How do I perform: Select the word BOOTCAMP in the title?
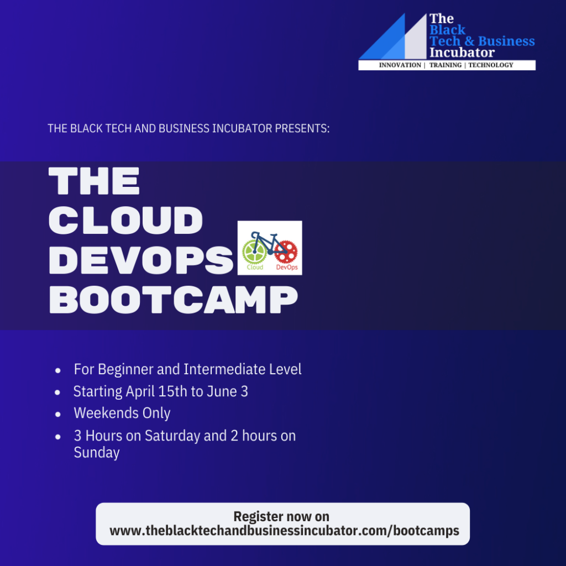tap(173, 300)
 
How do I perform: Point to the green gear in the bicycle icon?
tap(254, 251)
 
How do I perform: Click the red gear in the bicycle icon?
tap(286, 251)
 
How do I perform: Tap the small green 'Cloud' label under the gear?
tap(255, 268)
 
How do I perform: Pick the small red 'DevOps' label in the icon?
tap(287, 268)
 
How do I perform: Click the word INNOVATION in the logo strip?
tap(400, 65)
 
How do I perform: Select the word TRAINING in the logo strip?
tap(446, 65)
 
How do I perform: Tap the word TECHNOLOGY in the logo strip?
tap(491, 65)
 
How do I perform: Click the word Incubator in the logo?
tap(462, 53)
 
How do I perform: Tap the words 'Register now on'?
tap(281, 517)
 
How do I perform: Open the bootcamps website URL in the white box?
tap(285, 531)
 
